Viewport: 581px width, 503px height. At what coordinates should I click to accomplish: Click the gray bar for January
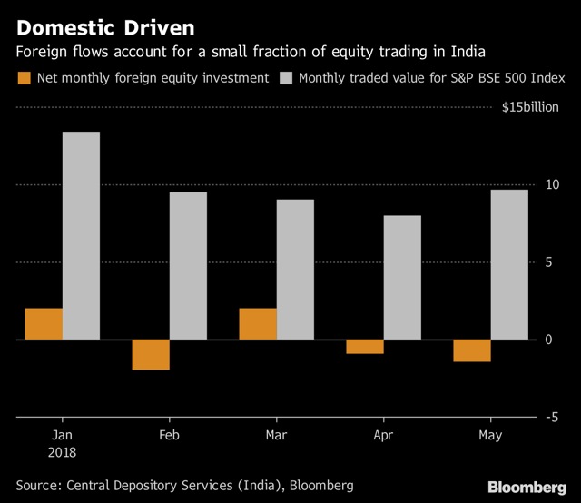click(81, 235)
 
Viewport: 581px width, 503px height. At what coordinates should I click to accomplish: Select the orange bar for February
click(151, 354)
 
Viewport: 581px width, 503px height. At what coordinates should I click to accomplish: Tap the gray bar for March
click(295, 270)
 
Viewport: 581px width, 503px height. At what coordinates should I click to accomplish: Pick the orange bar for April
click(365, 347)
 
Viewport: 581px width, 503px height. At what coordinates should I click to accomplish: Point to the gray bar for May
click(509, 264)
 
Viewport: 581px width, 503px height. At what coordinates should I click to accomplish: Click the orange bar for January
click(44, 324)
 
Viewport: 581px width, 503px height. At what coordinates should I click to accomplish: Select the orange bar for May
click(472, 350)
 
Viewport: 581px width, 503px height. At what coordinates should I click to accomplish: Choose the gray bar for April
click(402, 278)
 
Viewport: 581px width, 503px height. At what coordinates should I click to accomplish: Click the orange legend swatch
click(25, 78)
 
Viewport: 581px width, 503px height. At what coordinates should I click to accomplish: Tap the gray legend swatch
click(286, 78)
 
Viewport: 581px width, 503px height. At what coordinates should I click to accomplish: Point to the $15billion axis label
click(530, 107)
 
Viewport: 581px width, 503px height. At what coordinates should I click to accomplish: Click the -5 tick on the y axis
click(552, 418)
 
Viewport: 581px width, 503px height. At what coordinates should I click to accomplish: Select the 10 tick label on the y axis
click(552, 184)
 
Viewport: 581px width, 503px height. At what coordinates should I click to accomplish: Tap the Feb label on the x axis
click(170, 435)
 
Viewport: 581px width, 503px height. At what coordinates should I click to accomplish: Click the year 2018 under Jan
click(63, 452)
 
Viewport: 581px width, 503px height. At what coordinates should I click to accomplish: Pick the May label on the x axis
click(490, 435)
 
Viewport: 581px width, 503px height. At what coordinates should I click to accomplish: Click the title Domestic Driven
click(105, 28)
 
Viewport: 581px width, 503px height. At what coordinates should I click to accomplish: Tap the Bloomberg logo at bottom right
click(527, 487)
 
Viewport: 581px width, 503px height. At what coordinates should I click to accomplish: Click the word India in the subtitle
click(468, 52)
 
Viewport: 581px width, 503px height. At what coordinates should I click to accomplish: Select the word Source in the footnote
click(38, 486)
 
